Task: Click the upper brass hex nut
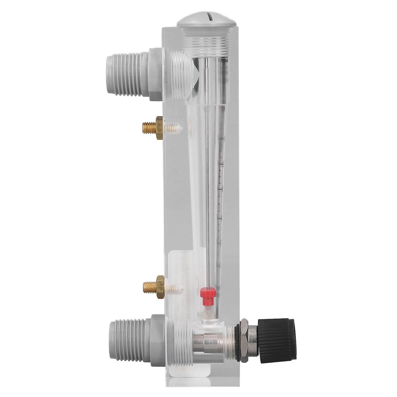coord(159,128)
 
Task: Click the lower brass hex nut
coord(160,287)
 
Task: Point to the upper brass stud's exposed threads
coord(148,128)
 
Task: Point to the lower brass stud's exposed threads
coord(149,287)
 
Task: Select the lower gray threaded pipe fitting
coord(129,340)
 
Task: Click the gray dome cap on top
coord(207,19)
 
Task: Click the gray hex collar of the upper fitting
coord(155,74)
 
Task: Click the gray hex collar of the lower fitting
coord(157,340)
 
